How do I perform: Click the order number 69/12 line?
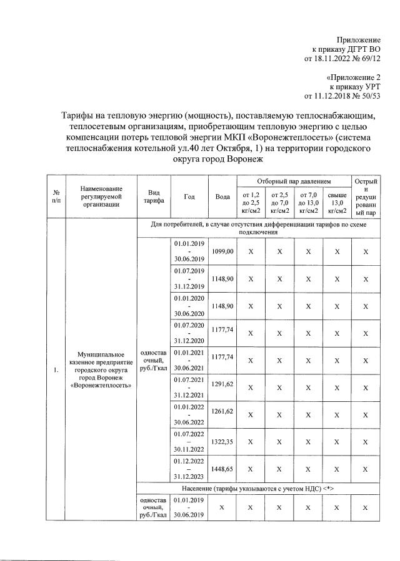click(x=342, y=58)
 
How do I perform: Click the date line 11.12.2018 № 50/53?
click(x=342, y=96)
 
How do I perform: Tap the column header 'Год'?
click(x=189, y=196)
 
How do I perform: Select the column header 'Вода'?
click(x=222, y=196)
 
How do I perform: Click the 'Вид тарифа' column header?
click(x=154, y=196)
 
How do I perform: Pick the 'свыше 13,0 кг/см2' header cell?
click(x=337, y=203)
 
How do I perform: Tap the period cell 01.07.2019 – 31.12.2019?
click(x=189, y=278)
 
